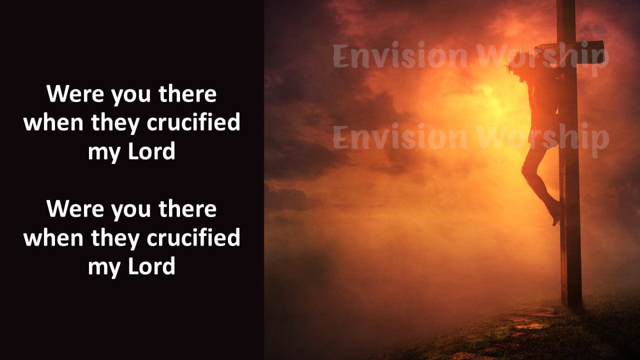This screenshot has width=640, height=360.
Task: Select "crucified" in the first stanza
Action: (193, 122)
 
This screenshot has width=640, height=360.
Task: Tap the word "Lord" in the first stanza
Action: (151, 151)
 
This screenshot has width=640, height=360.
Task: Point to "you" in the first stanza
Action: (131, 95)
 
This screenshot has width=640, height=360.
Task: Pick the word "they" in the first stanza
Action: (115, 123)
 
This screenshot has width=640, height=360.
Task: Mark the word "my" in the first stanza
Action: (105, 153)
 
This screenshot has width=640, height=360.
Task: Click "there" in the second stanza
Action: (187, 208)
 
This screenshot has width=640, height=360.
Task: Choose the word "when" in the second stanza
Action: (53, 237)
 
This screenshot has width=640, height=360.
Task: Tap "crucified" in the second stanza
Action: (193, 237)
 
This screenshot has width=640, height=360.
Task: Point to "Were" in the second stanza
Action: (75, 208)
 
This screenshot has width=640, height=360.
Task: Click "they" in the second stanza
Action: (115, 238)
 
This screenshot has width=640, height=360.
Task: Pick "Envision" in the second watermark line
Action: (400, 136)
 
